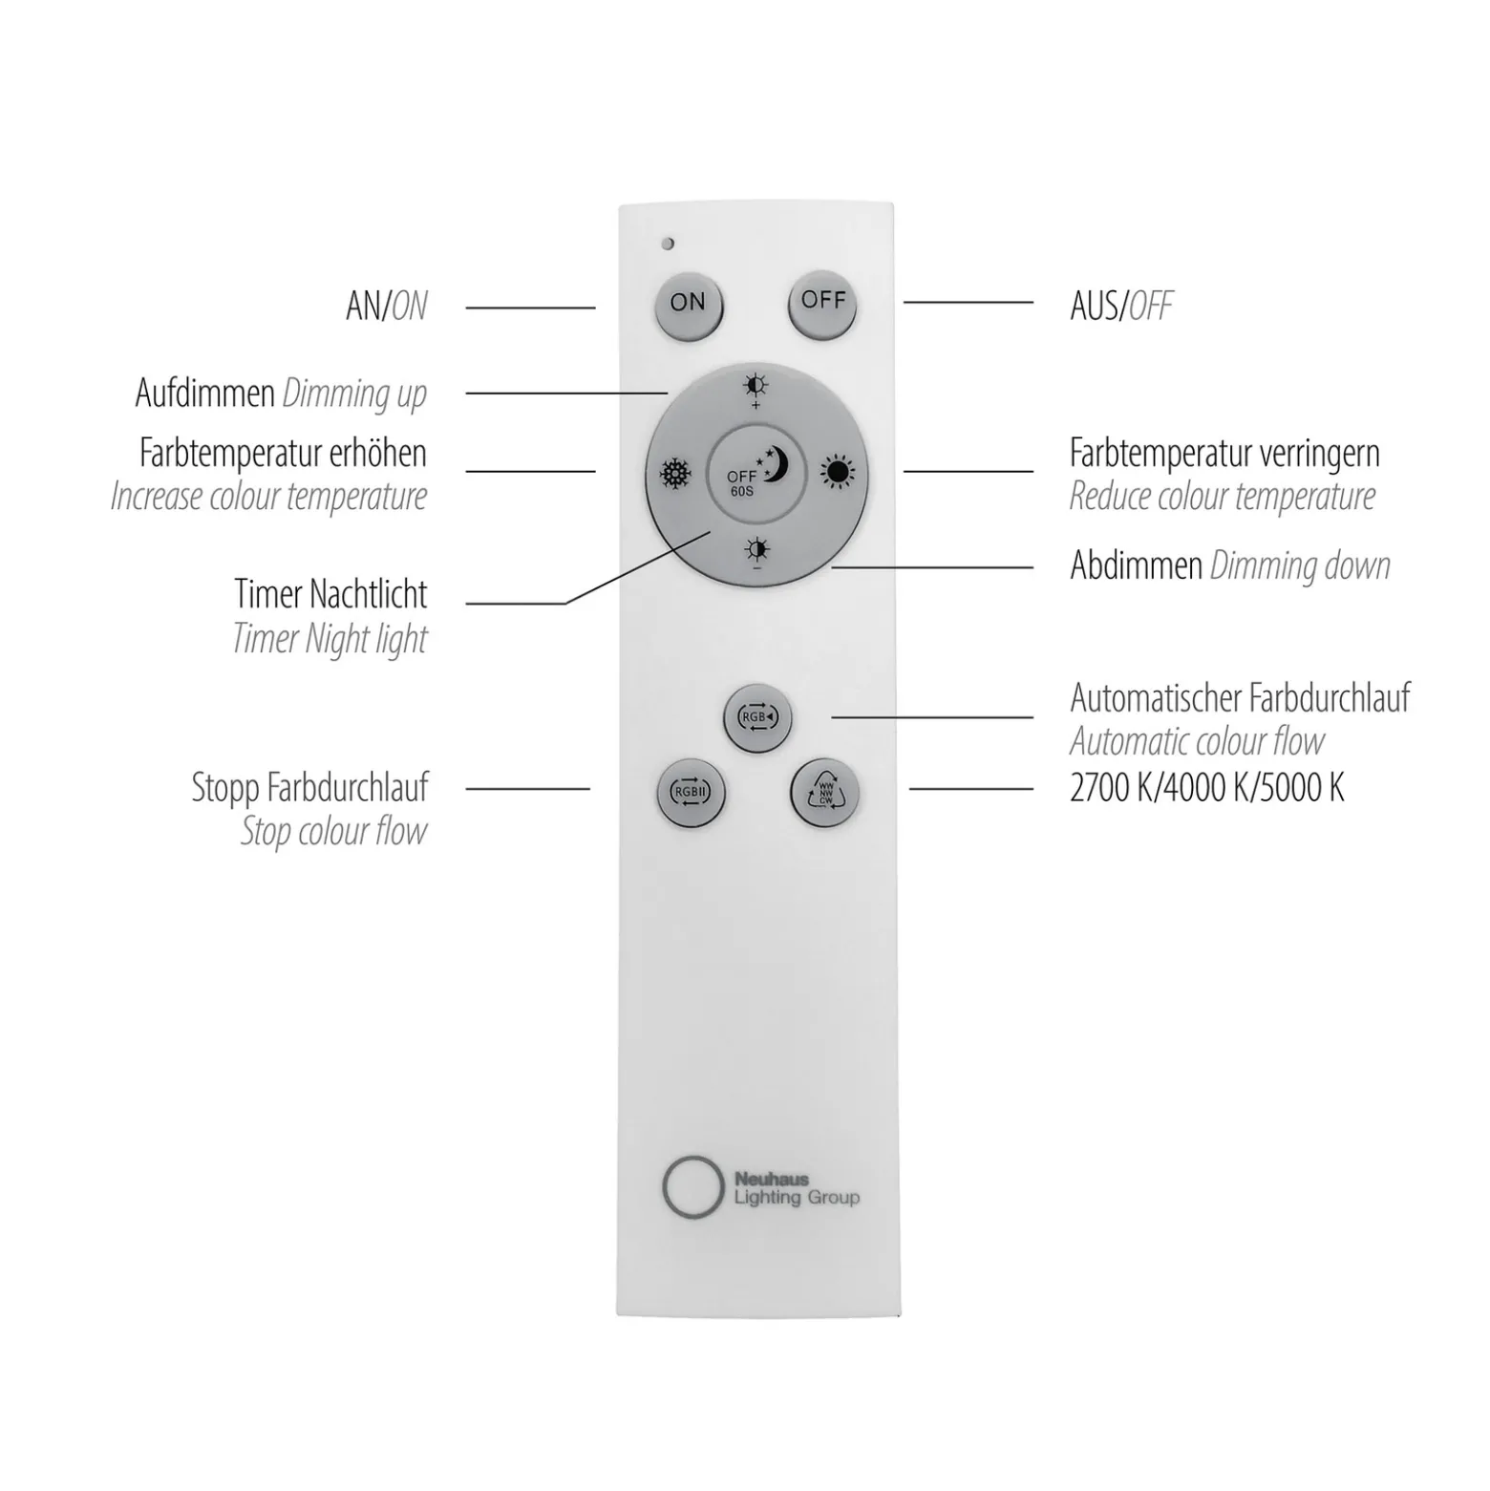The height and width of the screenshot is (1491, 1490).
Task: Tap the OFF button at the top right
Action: tap(822, 306)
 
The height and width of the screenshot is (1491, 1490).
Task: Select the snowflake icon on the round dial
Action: tap(676, 473)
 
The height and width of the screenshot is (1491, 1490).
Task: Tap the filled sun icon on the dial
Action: tap(838, 471)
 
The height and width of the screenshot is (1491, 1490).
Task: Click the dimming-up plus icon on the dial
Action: tap(756, 391)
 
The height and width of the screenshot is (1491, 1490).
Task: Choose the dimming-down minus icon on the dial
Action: tap(757, 553)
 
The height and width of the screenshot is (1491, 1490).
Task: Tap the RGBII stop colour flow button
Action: tap(691, 793)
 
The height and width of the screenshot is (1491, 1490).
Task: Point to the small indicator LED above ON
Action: tap(668, 244)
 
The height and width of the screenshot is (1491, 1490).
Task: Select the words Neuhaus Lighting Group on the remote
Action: tap(797, 1189)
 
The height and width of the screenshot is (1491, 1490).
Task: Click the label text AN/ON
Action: tap(387, 306)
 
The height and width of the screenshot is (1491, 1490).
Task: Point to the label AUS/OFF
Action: tap(1121, 306)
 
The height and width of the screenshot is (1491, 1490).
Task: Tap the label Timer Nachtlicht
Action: tap(330, 594)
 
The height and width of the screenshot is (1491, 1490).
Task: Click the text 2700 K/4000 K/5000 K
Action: tap(1207, 788)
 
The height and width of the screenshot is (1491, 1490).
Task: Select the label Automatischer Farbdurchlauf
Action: tap(1240, 698)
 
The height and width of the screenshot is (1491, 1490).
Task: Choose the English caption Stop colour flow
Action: tap(333, 831)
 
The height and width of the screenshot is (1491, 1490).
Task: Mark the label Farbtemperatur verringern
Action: tap(1224, 453)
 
